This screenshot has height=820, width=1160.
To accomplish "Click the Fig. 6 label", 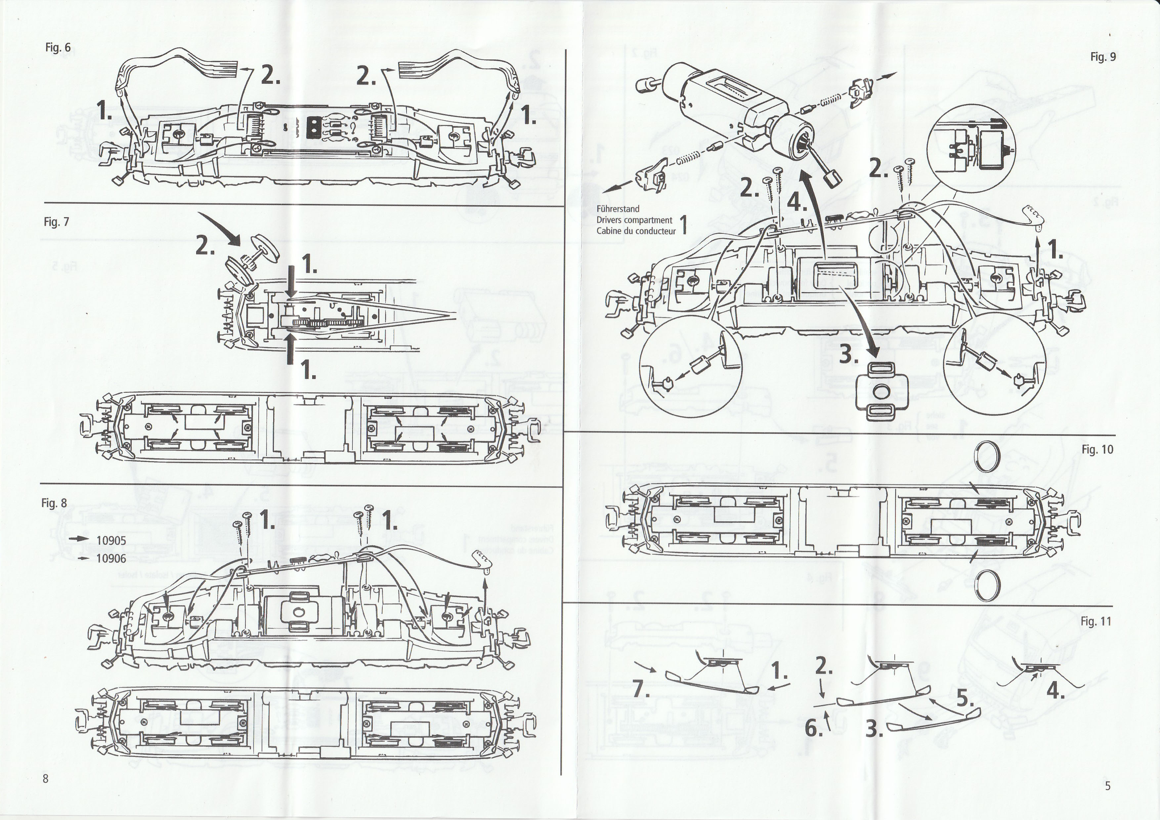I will (x=58, y=48).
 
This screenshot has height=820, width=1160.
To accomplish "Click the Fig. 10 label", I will (x=1097, y=449).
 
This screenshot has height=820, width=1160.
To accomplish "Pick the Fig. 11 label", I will (x=1096, y=622).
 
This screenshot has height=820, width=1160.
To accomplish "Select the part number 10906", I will (x=111, y=558).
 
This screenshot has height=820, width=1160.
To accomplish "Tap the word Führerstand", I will (x=618, y=209).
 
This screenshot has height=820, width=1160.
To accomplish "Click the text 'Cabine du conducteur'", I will (x=636, y=231).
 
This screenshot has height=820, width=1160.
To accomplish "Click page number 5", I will (x=1108, y=786).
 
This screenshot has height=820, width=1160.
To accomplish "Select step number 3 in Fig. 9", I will (x=849, y=356).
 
